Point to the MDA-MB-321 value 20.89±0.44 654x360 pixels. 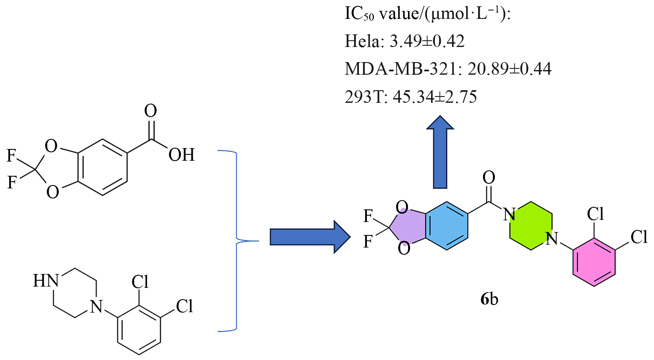point(510,68)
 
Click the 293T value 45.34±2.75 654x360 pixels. point(435,97)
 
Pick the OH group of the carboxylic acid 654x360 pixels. point(181,155)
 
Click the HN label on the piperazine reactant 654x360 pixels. point(46,281)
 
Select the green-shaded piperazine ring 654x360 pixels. point(531,227)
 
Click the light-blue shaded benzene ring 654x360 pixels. point(447,227)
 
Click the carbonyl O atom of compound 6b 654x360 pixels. point(489,177)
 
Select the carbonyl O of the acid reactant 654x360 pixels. point(150,111)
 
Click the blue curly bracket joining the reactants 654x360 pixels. point(237,241)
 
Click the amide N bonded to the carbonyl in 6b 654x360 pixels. point(509,214)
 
